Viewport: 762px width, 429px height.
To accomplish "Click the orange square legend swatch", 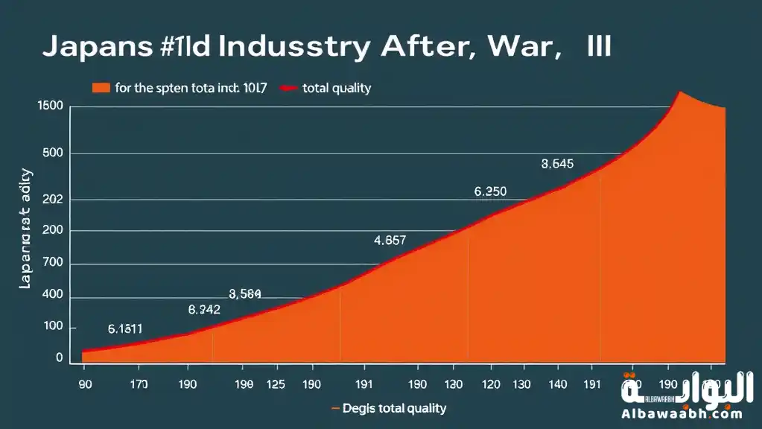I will [x=101, y=89].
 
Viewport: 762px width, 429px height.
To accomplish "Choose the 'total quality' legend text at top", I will [x=337, y=89].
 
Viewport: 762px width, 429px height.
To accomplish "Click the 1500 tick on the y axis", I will [x=50, y=107].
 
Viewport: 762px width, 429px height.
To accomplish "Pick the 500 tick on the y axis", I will [x=54, y=153].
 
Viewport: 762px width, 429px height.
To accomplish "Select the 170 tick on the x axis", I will [x=138, y=385].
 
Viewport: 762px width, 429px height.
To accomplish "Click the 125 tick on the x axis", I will [x=277, y=385].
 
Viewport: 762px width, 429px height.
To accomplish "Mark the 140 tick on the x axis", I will [x=556, y=385].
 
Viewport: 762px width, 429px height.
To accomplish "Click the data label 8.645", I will [x=557, y=165].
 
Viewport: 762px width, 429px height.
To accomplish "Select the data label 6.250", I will [x=490, y=191].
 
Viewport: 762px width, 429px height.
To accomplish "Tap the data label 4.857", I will [x=390, y=241].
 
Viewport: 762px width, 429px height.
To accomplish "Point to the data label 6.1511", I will [x=125, y=328].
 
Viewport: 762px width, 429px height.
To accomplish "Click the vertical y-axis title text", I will [x=25, y=229].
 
